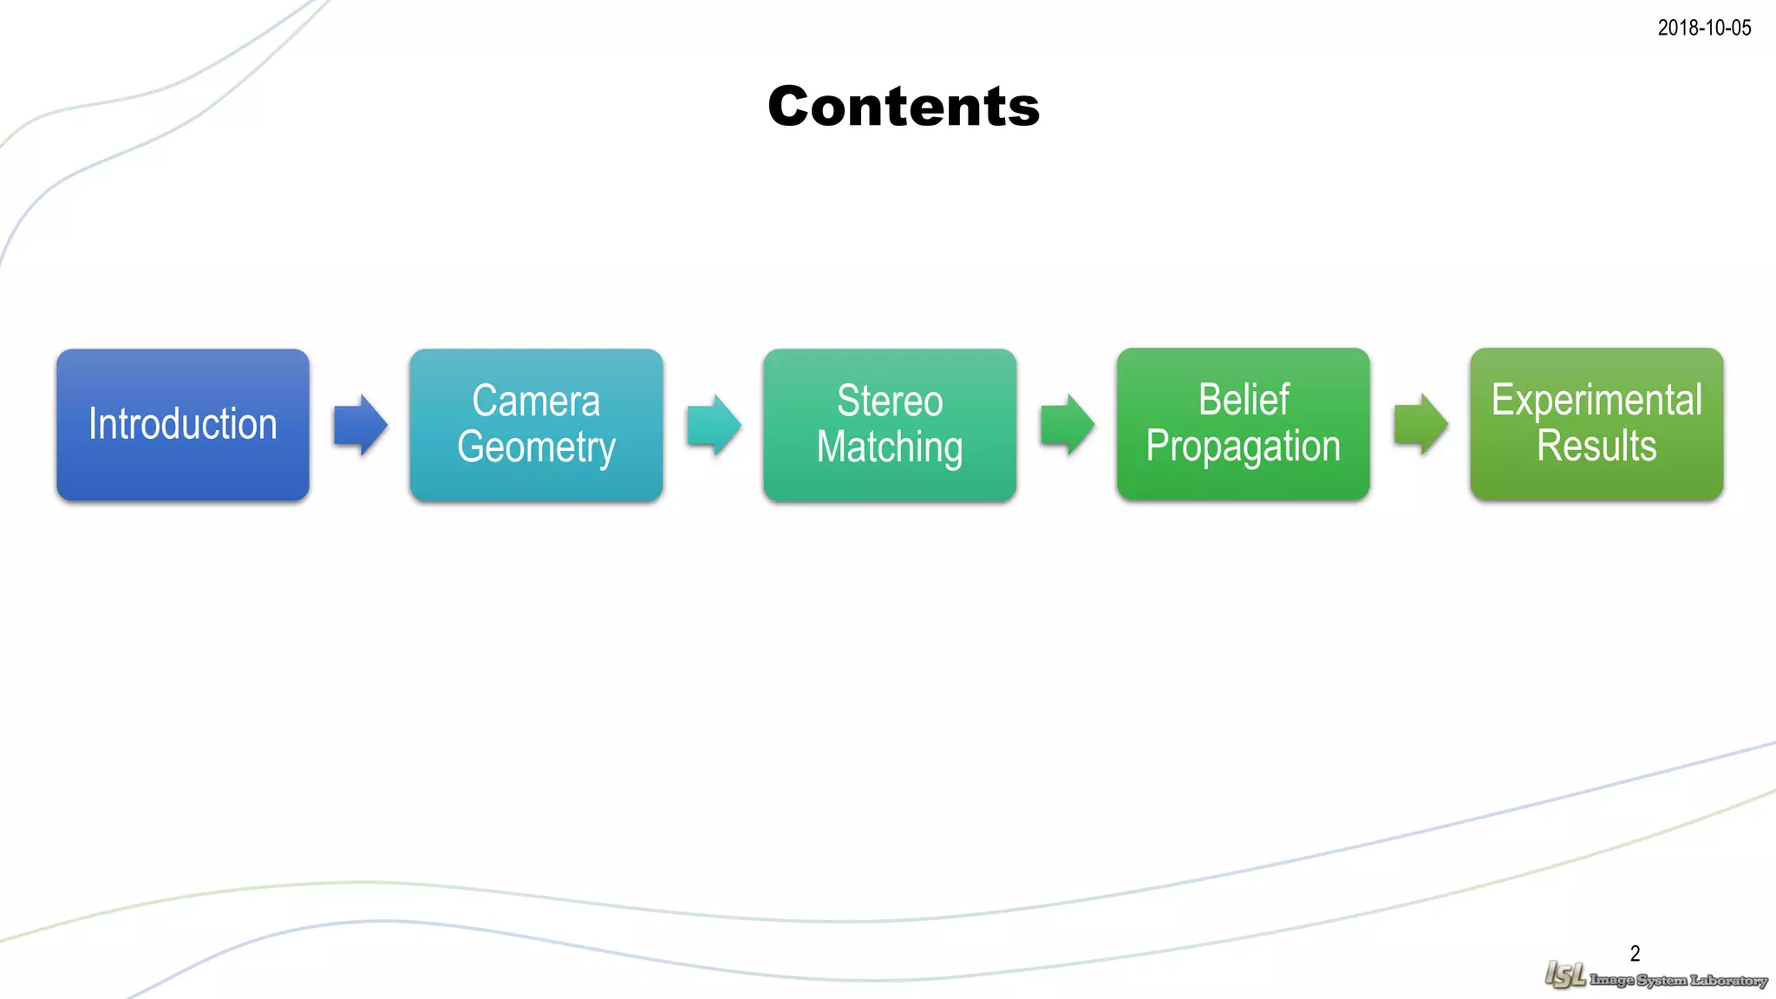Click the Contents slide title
pos(904,107)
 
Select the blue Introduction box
pos(183,425)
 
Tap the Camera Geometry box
pos(536,425)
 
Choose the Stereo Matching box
pos(890,425)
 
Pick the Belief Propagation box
pos(1243,424)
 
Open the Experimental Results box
pos(1596,424)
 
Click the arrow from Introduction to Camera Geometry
pos(360,425)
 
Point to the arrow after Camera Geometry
pos(714,425)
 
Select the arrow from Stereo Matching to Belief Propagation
pos(1067,425)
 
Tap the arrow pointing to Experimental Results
pos(1420,424)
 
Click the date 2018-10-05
pos(1704,28)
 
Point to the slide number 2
pos(1635,954)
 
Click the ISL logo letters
pos(1565,976)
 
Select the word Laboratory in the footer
pos(1728,981)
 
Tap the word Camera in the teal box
pos(536,402)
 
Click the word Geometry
pos(536,447)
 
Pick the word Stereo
pos(890,402)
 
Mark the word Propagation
pos(1243,447)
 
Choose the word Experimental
pos(1596,401)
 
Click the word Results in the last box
pos(1596,446)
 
